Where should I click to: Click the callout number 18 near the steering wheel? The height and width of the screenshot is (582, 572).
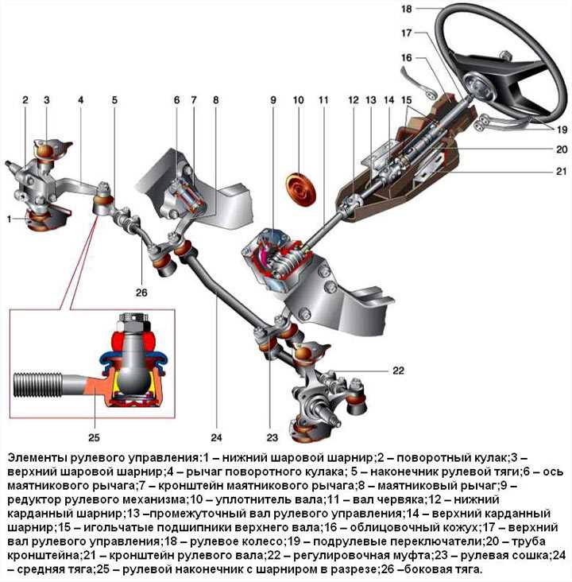pyautogui.click(x=406, y=10)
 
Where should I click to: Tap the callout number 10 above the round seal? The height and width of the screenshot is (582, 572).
pyautogui.click(x=299, y=101)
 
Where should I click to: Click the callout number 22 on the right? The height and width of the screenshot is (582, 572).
pyautogui.click(x=398, y=371)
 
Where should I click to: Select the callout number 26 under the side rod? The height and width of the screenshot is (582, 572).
pyautogui.click(x=141, y=293)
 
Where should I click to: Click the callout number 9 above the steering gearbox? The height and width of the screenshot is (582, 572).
pyautogui.click(x=272, y=101)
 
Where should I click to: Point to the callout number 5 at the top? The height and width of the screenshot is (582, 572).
pyautogui.click(x=114, y=101)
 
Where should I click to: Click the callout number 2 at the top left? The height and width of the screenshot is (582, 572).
pyautogui.click(x=25, y=101)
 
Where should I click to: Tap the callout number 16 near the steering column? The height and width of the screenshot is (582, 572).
pyautogui.click(x=406, y=58)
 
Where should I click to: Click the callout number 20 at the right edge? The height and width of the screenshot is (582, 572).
pyautogui.click(x=562, y=149)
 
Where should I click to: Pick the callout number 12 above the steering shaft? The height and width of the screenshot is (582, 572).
pyautogui.click(x=353, y=101)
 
